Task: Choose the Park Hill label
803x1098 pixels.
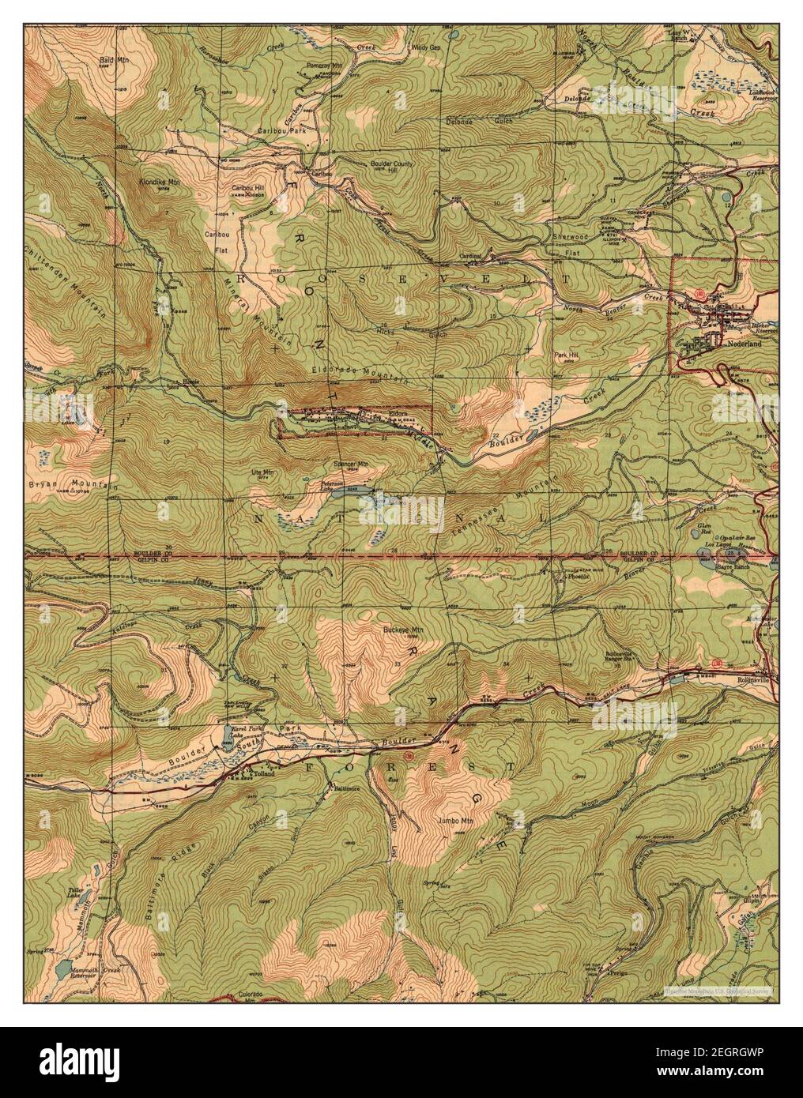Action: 566,355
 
